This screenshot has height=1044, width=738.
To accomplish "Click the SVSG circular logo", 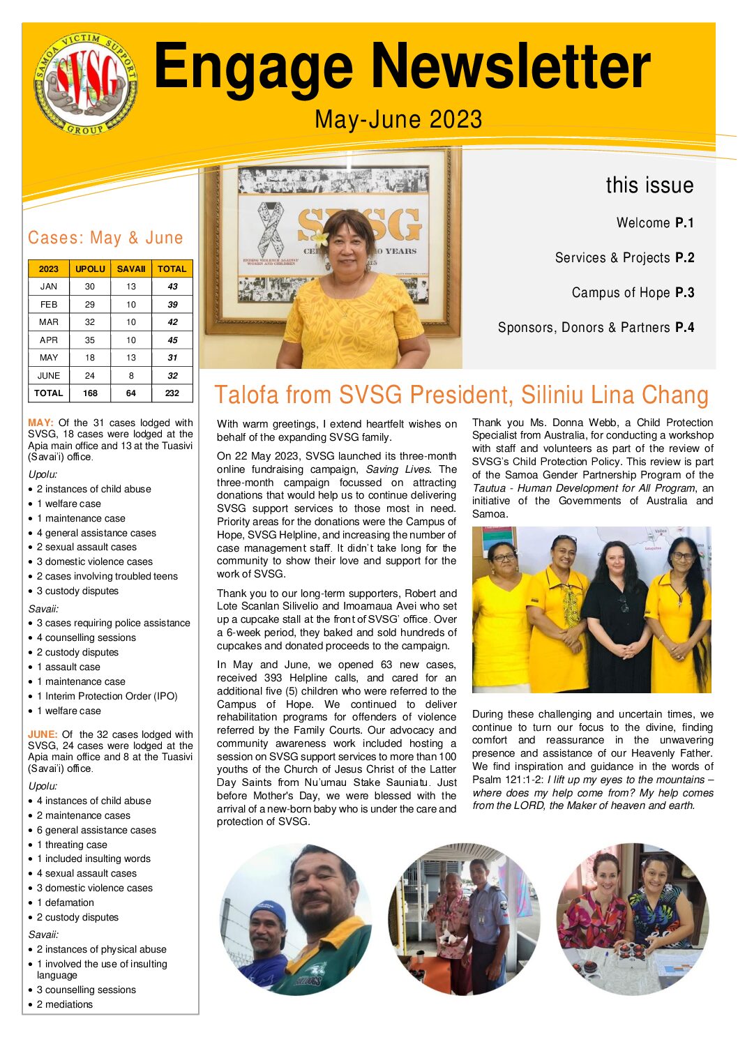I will click(x=86, y=84).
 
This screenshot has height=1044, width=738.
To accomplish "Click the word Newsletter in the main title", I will click(x=511, y=67).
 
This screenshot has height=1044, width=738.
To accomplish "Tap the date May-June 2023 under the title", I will click(x=398, y=119).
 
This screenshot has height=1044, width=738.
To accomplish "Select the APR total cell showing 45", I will click(x=172, y=340).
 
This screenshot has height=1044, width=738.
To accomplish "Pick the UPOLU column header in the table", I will click(x=90, y=268).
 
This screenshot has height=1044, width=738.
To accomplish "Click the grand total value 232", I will click(x=172, y=393).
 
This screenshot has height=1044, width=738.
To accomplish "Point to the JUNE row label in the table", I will click(x=49, y=375).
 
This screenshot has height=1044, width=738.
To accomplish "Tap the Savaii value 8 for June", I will click(x=131, y=375).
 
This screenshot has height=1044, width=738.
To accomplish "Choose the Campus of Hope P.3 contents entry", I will click(x=633, y=293).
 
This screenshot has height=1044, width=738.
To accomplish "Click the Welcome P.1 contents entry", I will click(x=655, y=223).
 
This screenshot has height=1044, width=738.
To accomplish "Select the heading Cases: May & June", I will click(x=105, y=238).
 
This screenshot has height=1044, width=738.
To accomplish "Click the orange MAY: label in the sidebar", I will click(x=40, y=423).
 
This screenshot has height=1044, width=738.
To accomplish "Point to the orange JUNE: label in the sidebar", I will click(x=43, y=734).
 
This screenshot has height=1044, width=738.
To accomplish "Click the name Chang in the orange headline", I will click(x=675, y=395).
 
